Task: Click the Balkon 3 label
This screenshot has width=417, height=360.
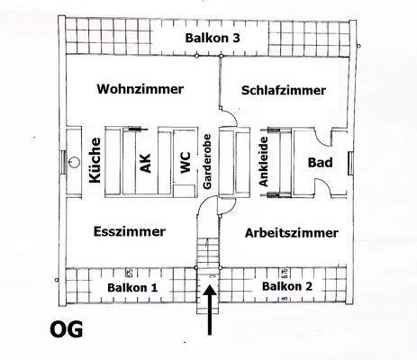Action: [213, 39]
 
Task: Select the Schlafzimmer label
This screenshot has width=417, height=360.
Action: [284, 90]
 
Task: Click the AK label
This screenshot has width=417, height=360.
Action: [145, 163]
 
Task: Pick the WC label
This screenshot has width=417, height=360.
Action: [184, 163]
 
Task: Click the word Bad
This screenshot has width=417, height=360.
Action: [320, 163]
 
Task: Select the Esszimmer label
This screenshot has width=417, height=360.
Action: [130, 231]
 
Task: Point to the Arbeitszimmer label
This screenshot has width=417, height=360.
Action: [292, 232]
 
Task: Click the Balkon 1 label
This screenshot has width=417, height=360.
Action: [132, 287]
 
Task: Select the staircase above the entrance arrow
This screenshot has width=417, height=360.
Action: [208, 248]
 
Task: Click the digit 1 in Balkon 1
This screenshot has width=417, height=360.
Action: [155, 287]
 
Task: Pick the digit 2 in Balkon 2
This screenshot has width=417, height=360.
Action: [311, 286]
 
